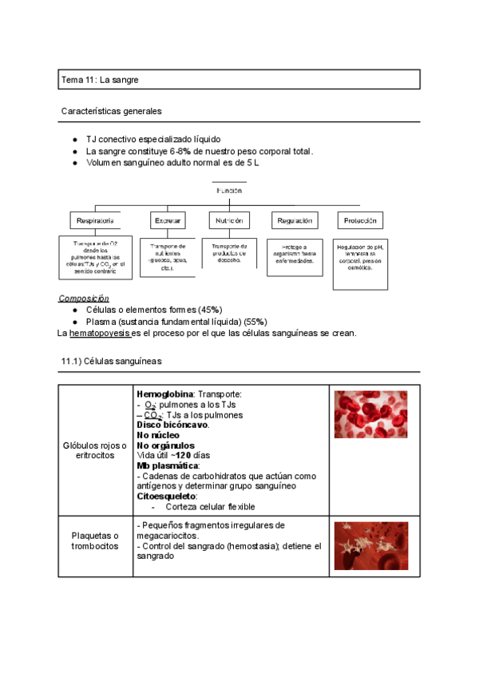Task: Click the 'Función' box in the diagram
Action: coord(228,191)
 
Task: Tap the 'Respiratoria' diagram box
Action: coord(95,220)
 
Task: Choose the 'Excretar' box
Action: coord(168,220)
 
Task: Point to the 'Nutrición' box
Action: coord(229,220)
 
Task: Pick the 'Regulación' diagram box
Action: coord(293,220)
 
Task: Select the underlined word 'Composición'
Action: coord(85,298)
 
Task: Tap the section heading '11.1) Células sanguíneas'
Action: coord(111,362)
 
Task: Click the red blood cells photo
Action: coord(370,414)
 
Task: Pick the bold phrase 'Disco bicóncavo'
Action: coord(172,426)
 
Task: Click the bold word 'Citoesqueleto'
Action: coord(167,496)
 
